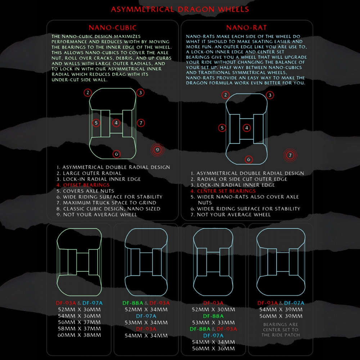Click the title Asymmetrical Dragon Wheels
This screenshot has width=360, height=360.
coord(180,9)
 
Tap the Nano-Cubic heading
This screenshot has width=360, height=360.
coord(112,28)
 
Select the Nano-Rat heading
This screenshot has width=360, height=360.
coord(247,28)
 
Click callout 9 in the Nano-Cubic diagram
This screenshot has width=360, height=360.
coord(158,150)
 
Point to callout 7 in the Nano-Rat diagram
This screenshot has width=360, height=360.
coord(290,155)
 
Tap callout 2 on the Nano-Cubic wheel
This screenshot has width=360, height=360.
coord(88,93)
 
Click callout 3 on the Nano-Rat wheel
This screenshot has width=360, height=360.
coord(270,95)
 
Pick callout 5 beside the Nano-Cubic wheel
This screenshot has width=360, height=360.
coord(96,123)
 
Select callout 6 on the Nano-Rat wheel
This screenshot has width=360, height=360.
coord(249,159)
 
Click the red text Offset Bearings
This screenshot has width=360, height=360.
coord(83,185)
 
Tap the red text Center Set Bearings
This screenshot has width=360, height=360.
coord(223,191)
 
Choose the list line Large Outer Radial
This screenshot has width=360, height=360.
coord(89,173)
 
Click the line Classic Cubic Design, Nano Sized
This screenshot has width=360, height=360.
coord(108,209)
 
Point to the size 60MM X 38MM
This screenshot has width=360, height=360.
coord(79,335)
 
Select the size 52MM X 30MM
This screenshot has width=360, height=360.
coord(213,310)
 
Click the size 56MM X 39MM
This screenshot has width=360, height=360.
coord(281,316)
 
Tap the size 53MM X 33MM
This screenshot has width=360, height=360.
coord(213,323)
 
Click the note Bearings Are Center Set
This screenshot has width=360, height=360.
coord(280,330)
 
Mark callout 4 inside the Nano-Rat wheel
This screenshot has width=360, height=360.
coord(247,128)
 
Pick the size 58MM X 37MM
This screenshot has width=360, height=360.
coord(79,329)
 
